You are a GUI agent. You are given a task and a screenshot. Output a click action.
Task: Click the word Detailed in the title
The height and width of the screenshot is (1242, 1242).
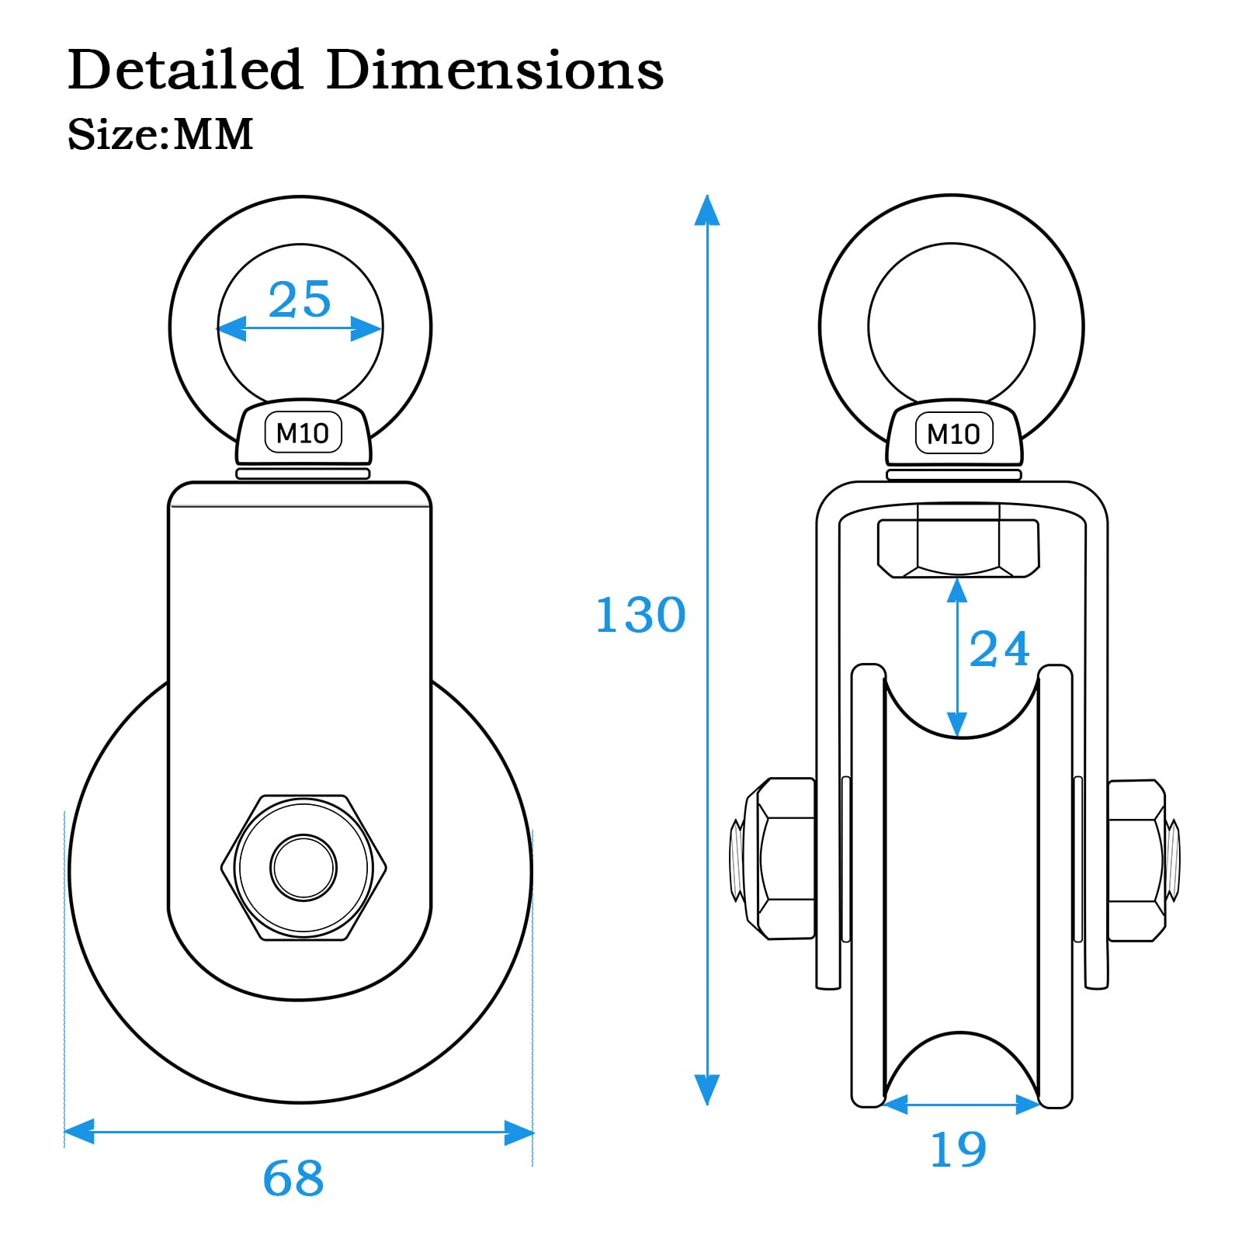click(185, 69)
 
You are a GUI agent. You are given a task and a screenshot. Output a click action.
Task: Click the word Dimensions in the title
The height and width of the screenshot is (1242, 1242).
click(495, 69)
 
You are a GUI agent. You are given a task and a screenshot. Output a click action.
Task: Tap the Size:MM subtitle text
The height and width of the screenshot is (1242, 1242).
click(161, 134)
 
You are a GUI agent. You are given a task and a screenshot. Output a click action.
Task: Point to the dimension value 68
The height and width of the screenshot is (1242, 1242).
click(293, 1178)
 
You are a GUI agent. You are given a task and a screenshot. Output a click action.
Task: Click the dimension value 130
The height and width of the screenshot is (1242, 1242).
click(640, 615)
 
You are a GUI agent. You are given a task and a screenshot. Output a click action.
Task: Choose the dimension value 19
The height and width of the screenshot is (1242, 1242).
click(959, 1149)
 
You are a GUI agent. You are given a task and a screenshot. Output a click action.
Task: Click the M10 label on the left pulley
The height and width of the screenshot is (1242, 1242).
click(303, 433)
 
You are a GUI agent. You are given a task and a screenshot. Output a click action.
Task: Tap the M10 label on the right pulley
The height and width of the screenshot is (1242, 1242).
click(953, 434)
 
